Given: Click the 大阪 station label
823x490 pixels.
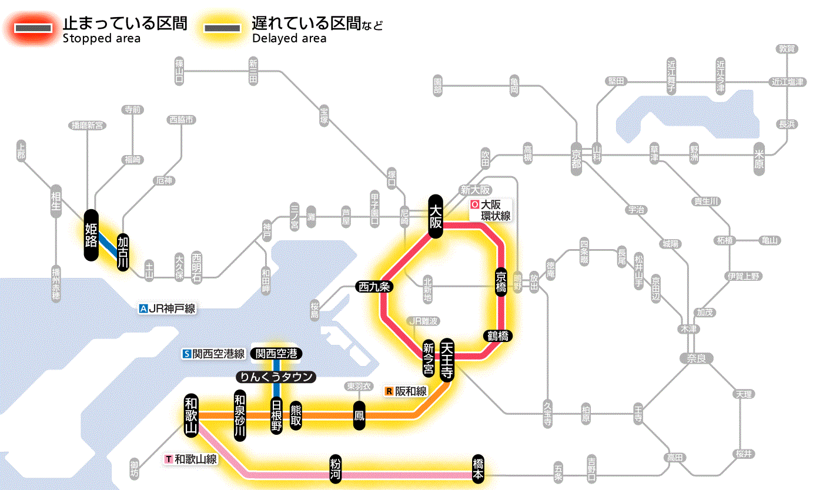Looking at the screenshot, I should [x=435, y=216].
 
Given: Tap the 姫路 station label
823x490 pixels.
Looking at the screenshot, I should [x=91, y=235].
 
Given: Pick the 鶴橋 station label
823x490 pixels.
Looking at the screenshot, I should [x=497, y=336].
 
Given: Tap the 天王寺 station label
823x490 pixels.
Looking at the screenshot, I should [x=446, y=360].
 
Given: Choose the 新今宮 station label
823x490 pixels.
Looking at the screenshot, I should [x=429, y=360].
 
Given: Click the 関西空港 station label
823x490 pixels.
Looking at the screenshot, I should [x=276, y=354].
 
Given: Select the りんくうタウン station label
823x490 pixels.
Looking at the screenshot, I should [x=276, y=377].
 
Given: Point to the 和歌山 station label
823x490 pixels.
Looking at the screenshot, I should [x=191, y=415].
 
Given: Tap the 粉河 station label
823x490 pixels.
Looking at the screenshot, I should [x=334, y=469].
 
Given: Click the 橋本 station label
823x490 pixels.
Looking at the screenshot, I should [x=478, y=469].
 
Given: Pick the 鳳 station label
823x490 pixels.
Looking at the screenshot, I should [x=358, y=415].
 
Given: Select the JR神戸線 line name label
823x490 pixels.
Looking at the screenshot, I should [x=167, y=308].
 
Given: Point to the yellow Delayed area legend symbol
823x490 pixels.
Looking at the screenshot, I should [x=222, y=28].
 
